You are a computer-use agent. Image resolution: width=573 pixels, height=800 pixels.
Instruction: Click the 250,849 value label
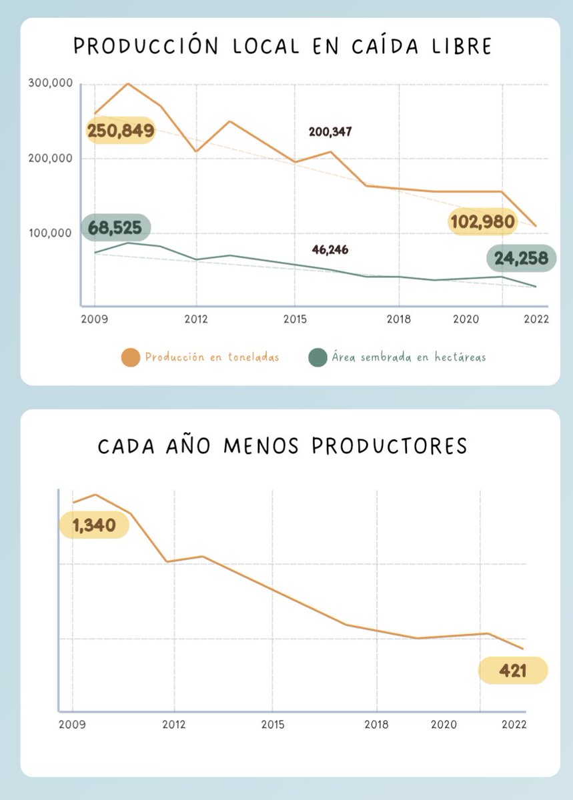(x=121, y=131)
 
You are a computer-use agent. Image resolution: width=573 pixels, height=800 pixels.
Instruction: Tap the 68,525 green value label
(x=115, y=228)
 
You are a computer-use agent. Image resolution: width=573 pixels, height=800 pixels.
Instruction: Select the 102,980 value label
(x=482, y=222)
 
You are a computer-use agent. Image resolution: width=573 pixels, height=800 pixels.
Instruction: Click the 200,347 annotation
(x=330, y=132)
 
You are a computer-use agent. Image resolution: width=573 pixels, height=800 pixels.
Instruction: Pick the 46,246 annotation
(x=330, y=250)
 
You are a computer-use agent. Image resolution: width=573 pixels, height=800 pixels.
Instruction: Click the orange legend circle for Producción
(x=131, y=357)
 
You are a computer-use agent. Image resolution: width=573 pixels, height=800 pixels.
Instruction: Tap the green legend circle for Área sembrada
(x=318, y=357)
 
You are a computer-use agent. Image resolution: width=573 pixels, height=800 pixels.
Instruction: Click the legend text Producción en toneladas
(x=211, y=357)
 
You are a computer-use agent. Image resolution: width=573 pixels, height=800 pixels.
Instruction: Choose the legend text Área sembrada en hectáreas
(x=408, y=357)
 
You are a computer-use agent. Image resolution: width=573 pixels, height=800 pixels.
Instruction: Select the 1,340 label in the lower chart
(x=94, y=525)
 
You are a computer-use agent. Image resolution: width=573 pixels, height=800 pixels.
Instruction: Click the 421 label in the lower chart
(x=512, y=671)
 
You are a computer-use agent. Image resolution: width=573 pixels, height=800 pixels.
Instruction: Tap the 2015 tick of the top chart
(x=294, y=319)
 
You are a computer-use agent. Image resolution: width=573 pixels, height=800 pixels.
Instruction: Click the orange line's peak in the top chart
(x=127, y=84)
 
